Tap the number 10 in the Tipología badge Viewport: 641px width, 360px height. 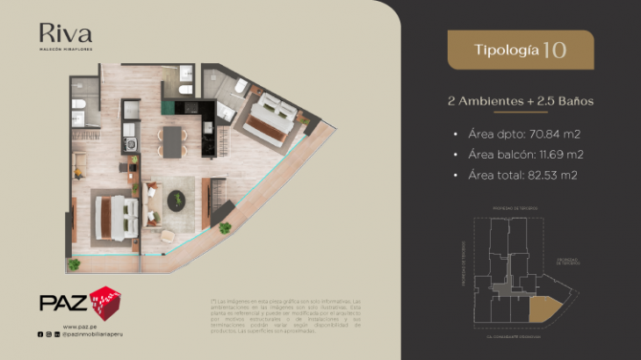(x=554, y=49)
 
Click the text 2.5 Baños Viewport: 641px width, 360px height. (x=563, y=101)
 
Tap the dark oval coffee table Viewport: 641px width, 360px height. (x=176, y=199)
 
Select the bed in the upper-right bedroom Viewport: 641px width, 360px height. (x=273, y=114)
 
